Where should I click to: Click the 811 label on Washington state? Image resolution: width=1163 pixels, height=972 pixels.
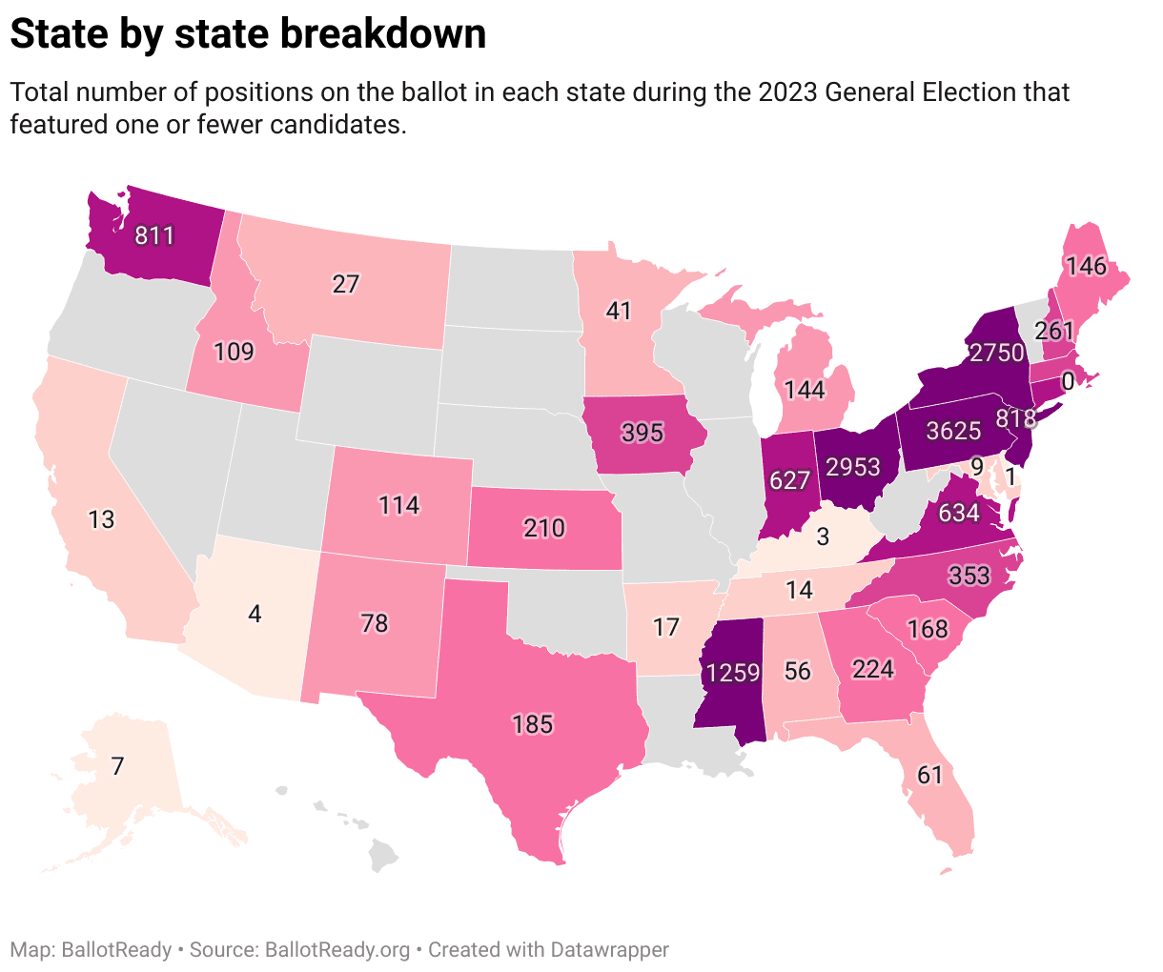[154, 234]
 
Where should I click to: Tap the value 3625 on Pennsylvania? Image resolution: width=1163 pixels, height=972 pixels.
[954, 431]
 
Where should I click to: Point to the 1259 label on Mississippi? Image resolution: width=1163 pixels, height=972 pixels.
[733, 673]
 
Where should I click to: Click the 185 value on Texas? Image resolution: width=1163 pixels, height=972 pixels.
[532, 724]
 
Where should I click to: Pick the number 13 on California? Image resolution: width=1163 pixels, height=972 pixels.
[101, 519]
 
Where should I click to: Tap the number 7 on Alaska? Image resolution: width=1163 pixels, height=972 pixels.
[117, 766]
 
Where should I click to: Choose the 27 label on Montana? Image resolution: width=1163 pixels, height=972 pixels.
[345, 284]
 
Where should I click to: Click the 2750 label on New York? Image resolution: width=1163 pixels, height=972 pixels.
[996, 353]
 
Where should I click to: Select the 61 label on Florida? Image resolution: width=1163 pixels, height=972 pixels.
[929, 776]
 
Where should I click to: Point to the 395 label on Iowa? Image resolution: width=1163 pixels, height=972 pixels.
[642, 433]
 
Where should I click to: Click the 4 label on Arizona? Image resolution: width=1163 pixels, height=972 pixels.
[255, 614]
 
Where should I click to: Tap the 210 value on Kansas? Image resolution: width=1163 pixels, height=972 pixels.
[544, 527]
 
